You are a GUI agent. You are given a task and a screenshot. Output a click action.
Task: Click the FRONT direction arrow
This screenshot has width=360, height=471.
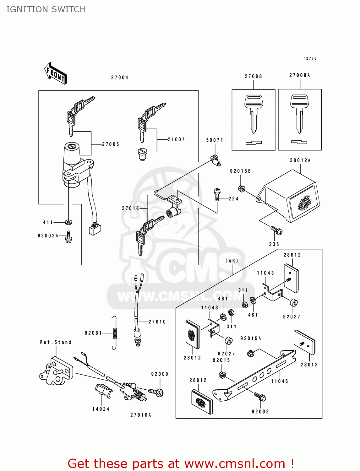point(56,73)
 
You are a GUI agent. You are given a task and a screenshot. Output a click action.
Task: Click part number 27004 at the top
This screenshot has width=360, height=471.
point(120,78)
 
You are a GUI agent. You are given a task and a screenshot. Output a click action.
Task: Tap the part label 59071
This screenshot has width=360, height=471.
point(215,140)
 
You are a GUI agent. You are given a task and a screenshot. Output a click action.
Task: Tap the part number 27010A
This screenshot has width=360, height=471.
point(141,415)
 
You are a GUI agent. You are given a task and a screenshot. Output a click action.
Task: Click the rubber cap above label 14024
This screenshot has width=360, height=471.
point(103,390)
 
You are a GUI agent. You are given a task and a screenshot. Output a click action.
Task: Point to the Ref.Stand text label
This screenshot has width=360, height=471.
point(56,342)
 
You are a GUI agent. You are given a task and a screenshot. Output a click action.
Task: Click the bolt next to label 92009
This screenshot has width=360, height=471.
point(156,392)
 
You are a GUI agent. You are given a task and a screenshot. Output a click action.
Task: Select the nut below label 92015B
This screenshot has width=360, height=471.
point(242,189)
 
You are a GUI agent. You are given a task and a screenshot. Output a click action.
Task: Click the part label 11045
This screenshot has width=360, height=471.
point(280,381)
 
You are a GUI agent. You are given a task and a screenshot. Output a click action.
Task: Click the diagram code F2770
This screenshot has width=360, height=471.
point(310,58)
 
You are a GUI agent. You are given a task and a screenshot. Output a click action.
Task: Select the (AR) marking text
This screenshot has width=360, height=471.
point(232,261)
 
